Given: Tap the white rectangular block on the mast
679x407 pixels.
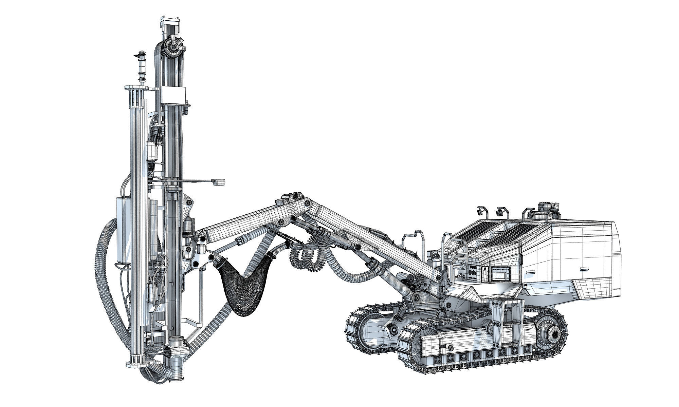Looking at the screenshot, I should point(173,95).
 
